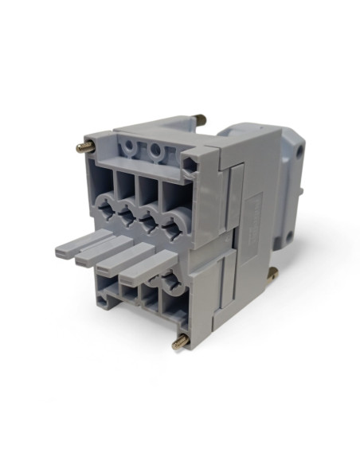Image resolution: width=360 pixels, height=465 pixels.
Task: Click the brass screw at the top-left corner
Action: click(82, 148)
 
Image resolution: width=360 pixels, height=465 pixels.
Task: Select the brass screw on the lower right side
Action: click(272, 274)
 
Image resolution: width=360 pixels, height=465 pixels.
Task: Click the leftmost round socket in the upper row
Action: click(106, 209)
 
